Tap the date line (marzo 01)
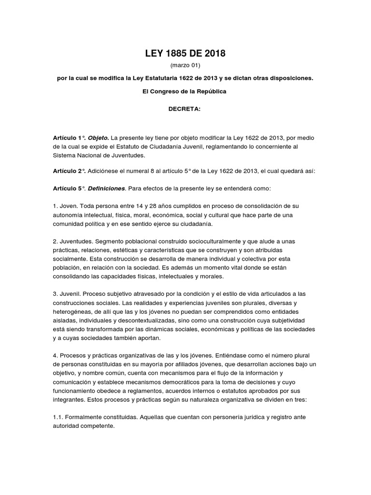click(185, 65)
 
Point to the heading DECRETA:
click(185, 109)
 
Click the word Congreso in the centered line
click(163, 91)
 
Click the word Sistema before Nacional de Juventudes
click(65, 155)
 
